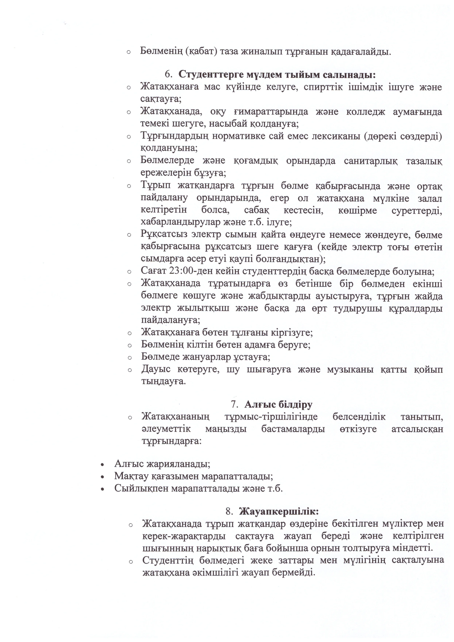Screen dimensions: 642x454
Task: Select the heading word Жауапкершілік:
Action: click(x=279, y=511)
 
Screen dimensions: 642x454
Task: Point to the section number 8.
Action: click(x=229, y=511)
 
